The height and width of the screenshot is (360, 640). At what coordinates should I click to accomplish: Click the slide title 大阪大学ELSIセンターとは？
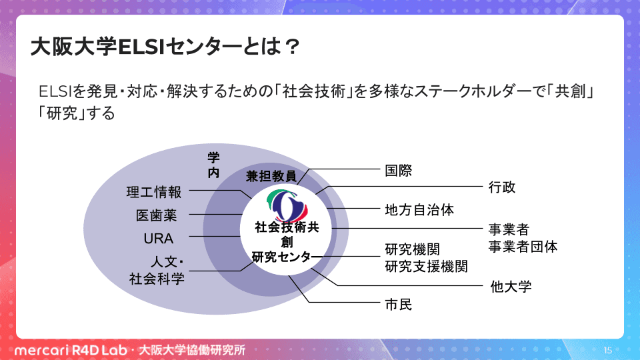coord(165,47)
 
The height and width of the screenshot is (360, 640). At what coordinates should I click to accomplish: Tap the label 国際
coord(399,171)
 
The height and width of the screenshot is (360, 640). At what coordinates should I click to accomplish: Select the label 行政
coord(502,187)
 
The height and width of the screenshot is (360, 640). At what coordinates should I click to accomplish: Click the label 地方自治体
coord(419,210)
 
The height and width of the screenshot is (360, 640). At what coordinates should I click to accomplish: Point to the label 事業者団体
coord(523,247)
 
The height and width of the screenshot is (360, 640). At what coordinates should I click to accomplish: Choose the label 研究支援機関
coord(426,267)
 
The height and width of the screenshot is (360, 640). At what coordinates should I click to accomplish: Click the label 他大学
coord(511,287)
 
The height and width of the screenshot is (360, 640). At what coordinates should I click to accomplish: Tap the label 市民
coord(399,305)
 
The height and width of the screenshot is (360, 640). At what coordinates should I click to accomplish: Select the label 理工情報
coord(154,192)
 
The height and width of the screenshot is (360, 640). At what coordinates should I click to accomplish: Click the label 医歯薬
coord(156,215)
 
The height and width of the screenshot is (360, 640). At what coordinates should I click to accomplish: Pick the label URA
coord(159,239)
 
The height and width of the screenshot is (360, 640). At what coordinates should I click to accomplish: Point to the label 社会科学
coord(157,279)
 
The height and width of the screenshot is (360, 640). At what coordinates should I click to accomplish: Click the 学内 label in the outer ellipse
coord(213,165)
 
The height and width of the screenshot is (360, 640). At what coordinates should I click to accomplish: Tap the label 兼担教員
coord(271,176)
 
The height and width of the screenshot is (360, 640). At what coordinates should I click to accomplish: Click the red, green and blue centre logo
coord(287,205)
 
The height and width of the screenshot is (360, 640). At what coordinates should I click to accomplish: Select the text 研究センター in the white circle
coord(287,257)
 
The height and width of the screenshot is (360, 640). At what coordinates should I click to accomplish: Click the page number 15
coord(608,350)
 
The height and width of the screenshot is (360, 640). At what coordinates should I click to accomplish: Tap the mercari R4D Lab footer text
coord(71,350)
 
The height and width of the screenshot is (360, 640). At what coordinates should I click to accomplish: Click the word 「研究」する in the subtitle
coord(77,113)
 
